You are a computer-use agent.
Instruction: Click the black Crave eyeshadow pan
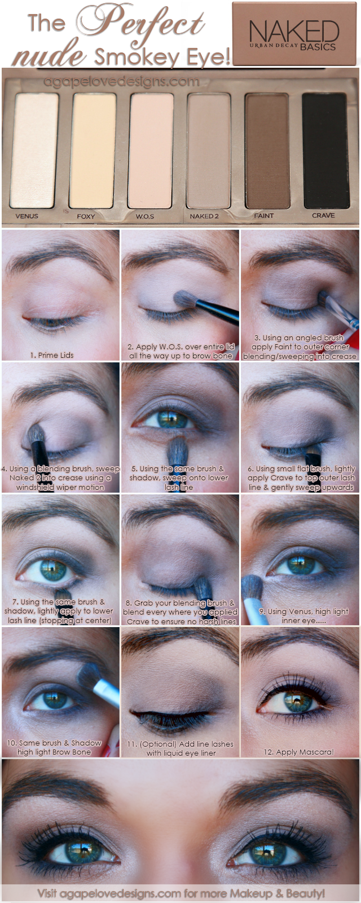pyautogui.click(x=324, y=150)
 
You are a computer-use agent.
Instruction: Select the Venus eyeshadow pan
pyautogui.click(x=36, y=150)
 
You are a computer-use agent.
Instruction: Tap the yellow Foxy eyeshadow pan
pyautogui.click(x=94, y=150)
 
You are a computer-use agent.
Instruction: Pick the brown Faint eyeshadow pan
pyautogui.click(x=267, y=150)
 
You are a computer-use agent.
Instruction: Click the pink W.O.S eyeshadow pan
pyautogui.click(x=152, y=150)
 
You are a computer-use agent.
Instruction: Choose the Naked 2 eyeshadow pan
pyautogui.click(x=209, y=150)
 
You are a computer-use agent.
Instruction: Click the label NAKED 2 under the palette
pyautogui.click(x=204, y=216)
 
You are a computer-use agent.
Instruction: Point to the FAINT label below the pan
pyautogui.click(x=264, y=216)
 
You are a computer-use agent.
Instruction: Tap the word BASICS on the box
pyautogui.click(x=318, y=47)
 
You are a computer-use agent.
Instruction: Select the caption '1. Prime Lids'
pyautogui.click(x=52, y=355)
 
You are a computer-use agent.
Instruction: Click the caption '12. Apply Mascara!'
pyautogui.click(x=299, y=752)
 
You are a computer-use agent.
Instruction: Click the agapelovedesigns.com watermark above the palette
pyautogui.click(x=121, y=81)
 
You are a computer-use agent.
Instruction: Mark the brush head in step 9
pyautogui.click(x=252, y=587)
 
